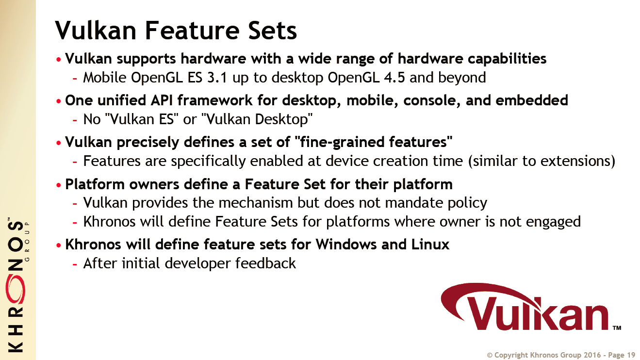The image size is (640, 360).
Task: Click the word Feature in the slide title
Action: pyautogui.click(x=192, y=30)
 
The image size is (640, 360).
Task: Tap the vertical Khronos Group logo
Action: pyautogui.click(x=17, y=285)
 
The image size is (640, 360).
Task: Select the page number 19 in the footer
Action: pyautogui.click(x=631, y=355)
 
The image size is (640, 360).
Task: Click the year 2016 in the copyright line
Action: pyautogui.click(x=592, y=355)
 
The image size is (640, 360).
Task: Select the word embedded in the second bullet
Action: pyautogui.click(x=532, y=100)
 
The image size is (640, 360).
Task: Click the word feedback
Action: pyautogui.click(x=265, y=263)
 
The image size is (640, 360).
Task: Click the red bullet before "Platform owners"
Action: pyautogui.click(x=59, y=185)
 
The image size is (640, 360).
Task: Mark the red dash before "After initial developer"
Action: pyautogui.click(x=75, y=264)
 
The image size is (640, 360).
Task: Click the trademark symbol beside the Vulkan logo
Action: pyautogui.click(x=617, y=327)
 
